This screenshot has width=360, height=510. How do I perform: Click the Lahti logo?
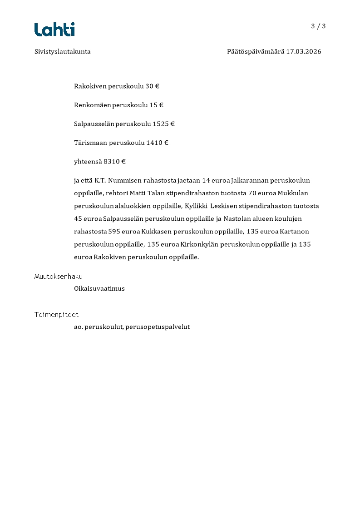click(54, 30)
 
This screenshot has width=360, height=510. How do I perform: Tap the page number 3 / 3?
click(318, 26)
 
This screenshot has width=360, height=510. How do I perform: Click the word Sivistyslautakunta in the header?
click(63, 52)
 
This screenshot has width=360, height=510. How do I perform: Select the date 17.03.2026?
click(303, 52)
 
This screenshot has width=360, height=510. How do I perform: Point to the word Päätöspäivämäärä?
click(255, 52)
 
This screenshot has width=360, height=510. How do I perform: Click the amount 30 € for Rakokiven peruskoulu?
click(152, 86)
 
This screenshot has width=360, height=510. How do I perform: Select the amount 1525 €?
click(163, 124)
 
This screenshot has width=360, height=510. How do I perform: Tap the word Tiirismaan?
click(90, 143)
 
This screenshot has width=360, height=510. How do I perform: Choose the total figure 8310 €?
click(114, 161)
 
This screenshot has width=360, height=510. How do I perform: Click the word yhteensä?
click(88, 161)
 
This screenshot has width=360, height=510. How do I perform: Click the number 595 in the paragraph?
click(114, 231)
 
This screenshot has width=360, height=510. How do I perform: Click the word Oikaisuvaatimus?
click(99, 288)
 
